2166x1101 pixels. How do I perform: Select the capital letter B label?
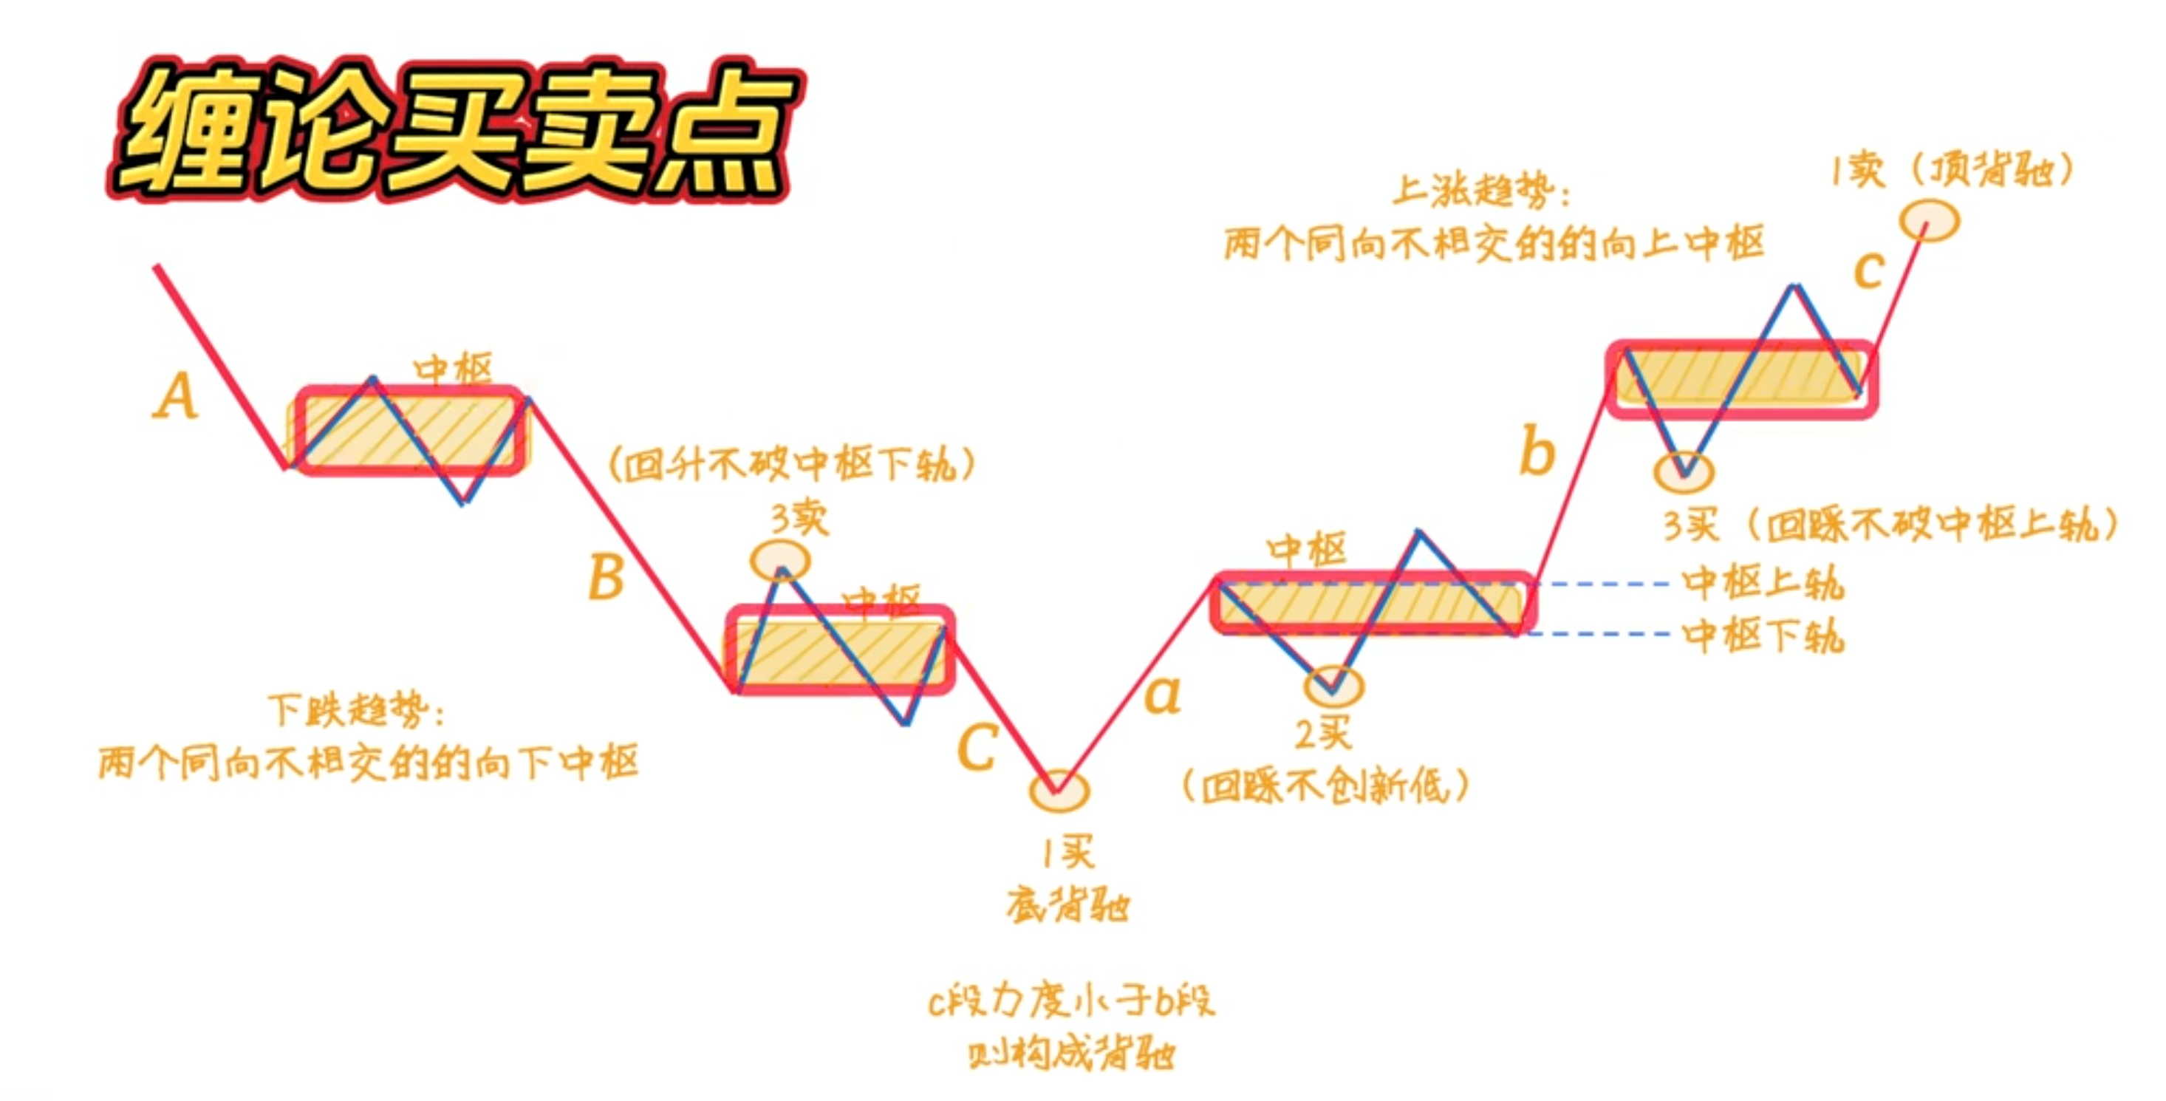click(x=607, y=577)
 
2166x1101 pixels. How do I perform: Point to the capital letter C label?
click(x=977, y=747)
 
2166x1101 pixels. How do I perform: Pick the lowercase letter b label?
click(x=1537, y=451)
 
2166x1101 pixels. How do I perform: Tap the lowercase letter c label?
click(x=1868, y=270)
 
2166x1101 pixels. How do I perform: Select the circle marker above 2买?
click(x=1333, y=686)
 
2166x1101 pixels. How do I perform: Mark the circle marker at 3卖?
click(x=780, y=560)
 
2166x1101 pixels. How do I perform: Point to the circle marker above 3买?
click(x=1684, y=472)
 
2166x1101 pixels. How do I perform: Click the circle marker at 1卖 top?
click(x=1930, y=220)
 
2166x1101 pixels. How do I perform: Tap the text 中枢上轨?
click(x=1763, y=582)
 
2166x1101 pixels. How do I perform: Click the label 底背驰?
click(x=1068, y=906)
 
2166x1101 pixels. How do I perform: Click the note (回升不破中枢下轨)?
click(x=791, y=463)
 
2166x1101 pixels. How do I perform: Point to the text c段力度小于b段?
click(x=1071, y=1001)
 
